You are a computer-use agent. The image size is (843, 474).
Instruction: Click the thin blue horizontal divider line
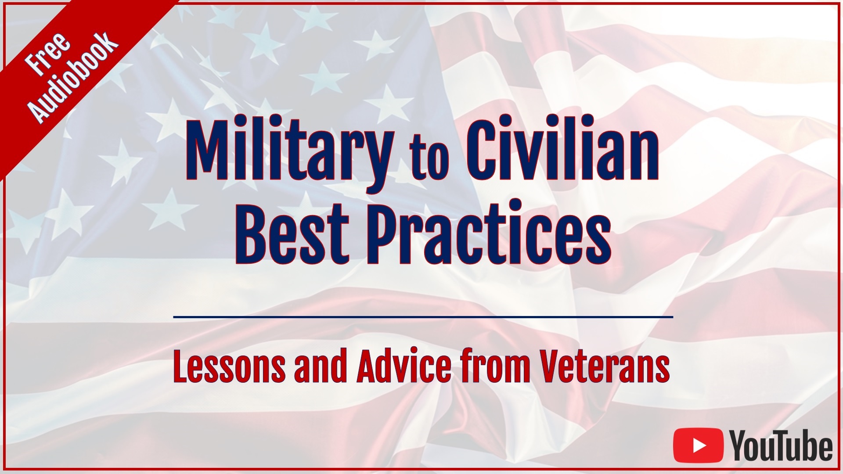tap(423, 316)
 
